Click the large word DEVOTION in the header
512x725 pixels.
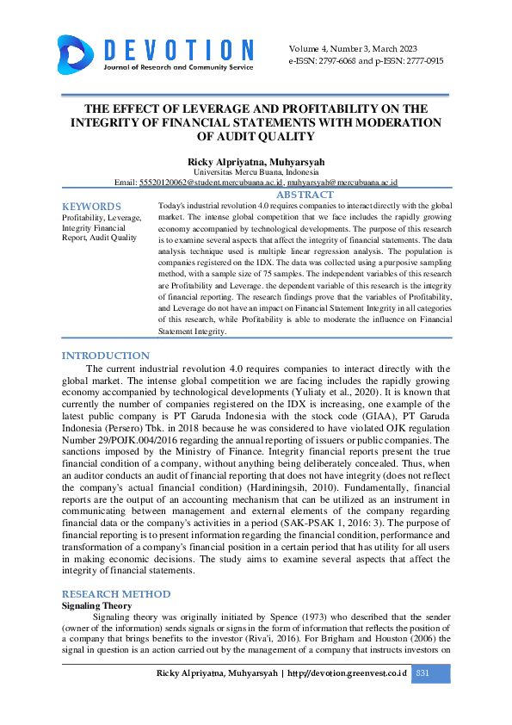pyautogui.click(x=178, y=49)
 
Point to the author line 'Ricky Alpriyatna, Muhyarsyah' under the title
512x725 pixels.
pyautogui.click(x=256, y=162)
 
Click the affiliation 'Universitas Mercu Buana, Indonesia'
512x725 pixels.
pyautogui.click(x=256, y=172)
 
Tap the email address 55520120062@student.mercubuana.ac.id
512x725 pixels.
pyautogui.click(x=211, y=183)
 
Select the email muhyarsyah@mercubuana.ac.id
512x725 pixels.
pyautogui.click(x=342, y=183)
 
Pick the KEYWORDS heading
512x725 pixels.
pyautogui.click(x=91, y=207)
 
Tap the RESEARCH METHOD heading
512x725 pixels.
pyautogui.click(x=116, y=594)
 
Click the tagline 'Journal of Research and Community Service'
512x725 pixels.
pyautogui.click(x=178, y=67)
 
